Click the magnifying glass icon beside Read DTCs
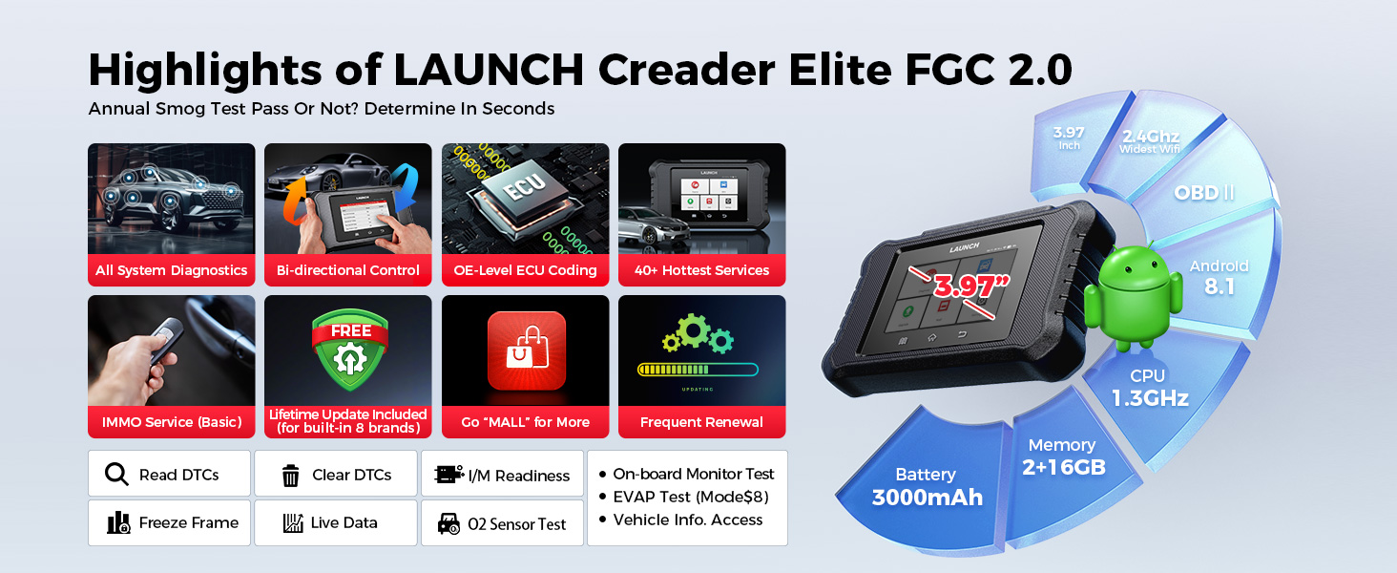[116, 475]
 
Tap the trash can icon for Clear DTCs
[291, 475]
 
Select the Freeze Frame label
[188, 522]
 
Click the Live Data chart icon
[293, 522]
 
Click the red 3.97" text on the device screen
[970, 286]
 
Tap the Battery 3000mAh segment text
[927, 487]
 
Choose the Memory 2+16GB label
[1063, 456]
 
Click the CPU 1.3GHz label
[1150, 388]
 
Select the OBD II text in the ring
[1204, 192]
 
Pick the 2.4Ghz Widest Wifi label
[1151, 141]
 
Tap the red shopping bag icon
[527, 350]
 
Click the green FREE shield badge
[350, 350]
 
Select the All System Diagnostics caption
[171, 270]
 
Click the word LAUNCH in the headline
[489, 69]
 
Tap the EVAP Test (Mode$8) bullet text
[691, 497]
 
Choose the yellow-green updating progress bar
[698, 370]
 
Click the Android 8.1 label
[1220, 277]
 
